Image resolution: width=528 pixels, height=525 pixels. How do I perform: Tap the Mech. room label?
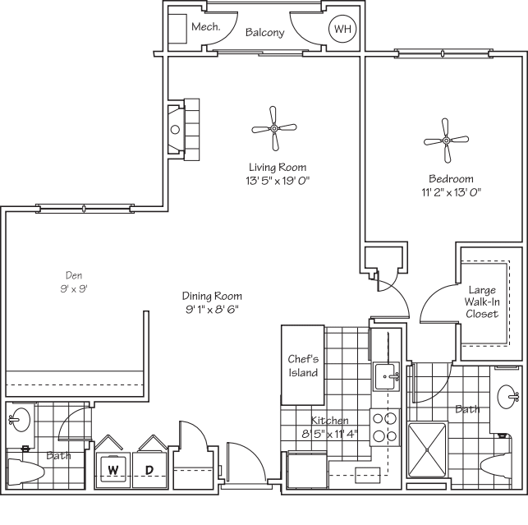pos(205,27)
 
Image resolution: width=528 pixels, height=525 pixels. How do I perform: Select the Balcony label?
pos(264,33)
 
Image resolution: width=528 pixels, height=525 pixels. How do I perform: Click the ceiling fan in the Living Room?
pos(273,128)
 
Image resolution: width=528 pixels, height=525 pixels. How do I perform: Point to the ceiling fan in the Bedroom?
pos(446,141)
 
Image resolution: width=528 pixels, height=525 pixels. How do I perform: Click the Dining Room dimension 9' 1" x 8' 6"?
pos(213,310)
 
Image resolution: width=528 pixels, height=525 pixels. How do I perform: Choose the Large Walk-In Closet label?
pos(483,302)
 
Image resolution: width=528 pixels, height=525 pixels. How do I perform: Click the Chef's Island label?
pos(302,366)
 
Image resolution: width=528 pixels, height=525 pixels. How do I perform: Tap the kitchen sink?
pos(386,377)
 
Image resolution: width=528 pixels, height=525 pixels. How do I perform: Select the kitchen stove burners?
pos(383,426)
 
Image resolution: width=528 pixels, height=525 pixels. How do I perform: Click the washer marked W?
pos(112,470)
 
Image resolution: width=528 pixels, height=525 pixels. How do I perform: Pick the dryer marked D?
pos(149,470)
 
